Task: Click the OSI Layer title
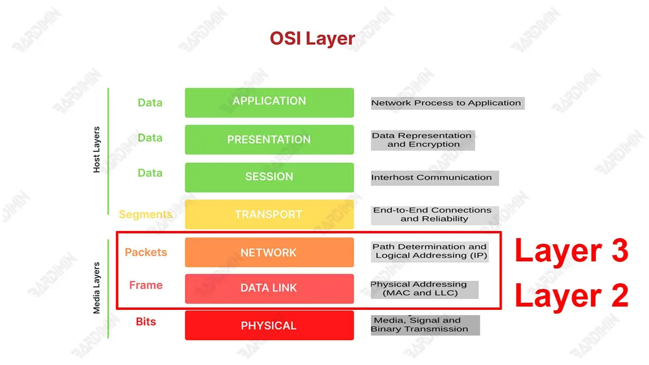[312, 38]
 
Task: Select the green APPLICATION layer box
[269, 102]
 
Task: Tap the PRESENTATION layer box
[269, 139]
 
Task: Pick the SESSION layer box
[269, 177]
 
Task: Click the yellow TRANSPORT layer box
[269, 214]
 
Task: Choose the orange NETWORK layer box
[269, 252]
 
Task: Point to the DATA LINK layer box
[269, 288]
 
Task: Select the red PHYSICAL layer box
[269, 326]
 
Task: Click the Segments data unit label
[145, 214]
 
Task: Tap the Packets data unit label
[146, 252]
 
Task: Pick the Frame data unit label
[146, 285]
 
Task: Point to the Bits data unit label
[146, 322]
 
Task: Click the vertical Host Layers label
[96, 150]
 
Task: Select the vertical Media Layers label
[96, 288]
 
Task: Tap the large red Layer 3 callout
[572, 250]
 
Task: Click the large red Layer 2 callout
[572, 295]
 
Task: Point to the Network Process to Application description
[447, 103]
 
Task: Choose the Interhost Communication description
[432, 178]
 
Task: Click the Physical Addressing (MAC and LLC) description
[420, 288]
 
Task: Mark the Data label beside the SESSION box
[150, 173]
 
